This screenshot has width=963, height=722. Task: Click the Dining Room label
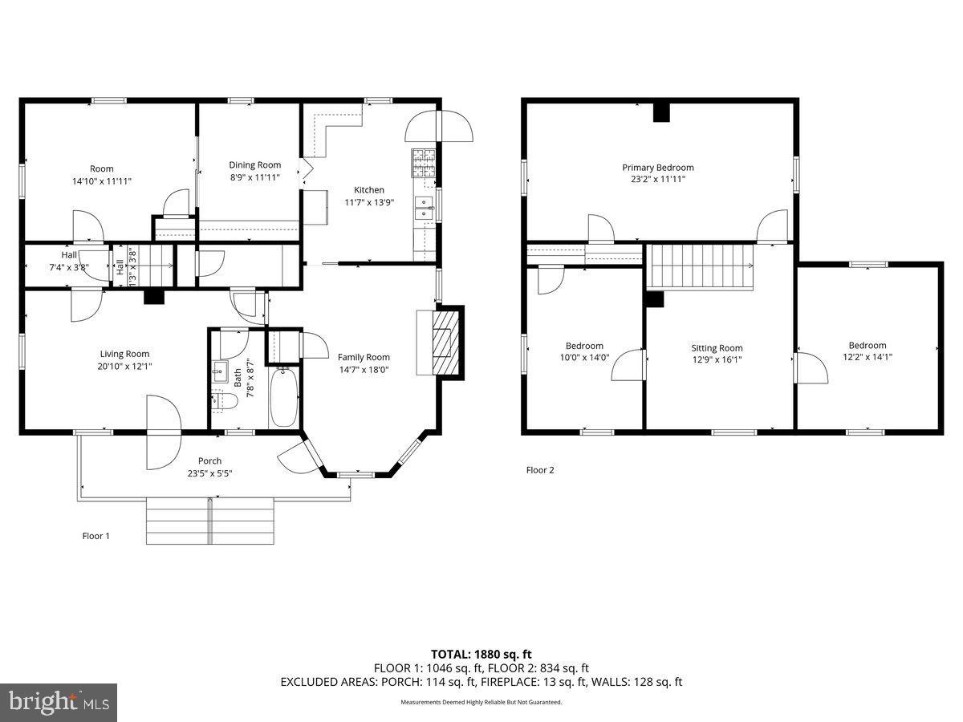[255, 164]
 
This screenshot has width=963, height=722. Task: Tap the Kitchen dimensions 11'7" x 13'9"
[369, 202]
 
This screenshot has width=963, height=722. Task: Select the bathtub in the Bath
[284, 398]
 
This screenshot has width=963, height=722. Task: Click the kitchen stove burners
[424, 163]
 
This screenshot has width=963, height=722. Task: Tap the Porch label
[209, 460]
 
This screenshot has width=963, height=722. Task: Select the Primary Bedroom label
[658, 168]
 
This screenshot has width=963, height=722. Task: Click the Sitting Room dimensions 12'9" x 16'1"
[717, 359]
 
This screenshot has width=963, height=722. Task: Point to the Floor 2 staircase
[701, 266]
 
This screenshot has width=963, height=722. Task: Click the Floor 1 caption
[96, 536]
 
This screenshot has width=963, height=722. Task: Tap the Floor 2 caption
[540, 470]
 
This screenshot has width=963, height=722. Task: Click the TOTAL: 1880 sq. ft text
[481, 655]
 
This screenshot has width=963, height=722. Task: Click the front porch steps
[210, 521]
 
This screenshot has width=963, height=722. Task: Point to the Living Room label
[124, 354]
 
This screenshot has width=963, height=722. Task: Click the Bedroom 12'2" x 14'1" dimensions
[868, 357]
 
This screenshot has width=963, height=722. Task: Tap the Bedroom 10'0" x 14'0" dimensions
[584, 357]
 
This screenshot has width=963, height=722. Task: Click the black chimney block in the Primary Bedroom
[661, 112]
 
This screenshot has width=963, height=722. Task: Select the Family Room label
[364, 357]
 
